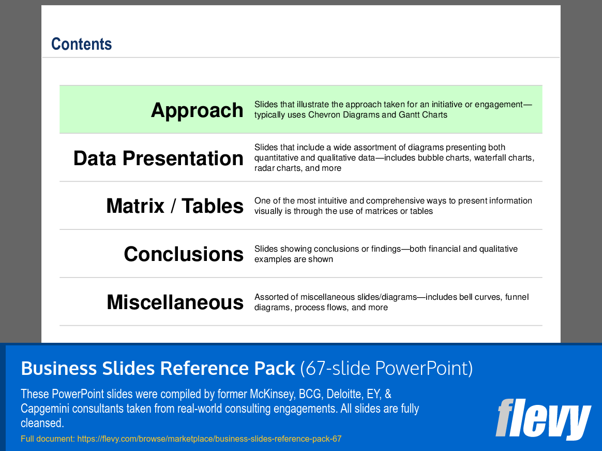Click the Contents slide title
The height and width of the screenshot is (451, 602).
pyautogui.click(x=82, y=45)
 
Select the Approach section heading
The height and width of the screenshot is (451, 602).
pyautogui.click(x=197, y=110)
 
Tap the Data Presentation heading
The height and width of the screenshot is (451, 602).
pyautogui.click(x=158, y=158)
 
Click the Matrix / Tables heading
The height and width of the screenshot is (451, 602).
pyautogui.click(x=175, y=206)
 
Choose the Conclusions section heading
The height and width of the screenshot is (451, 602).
pyautogui.click(x=184, y=254)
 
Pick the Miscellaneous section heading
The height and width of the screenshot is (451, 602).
pyautogui.click(x=175, y=302)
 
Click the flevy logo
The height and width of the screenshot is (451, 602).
pyautogui.click(x=543, y=419)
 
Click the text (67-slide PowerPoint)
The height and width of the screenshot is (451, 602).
pyautogui.click(x=386, y=369)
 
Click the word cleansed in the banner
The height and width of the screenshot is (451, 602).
pyautogui.click(x=41, y=423)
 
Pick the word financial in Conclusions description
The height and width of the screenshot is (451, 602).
pyautogui.click(x=441, y=249)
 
